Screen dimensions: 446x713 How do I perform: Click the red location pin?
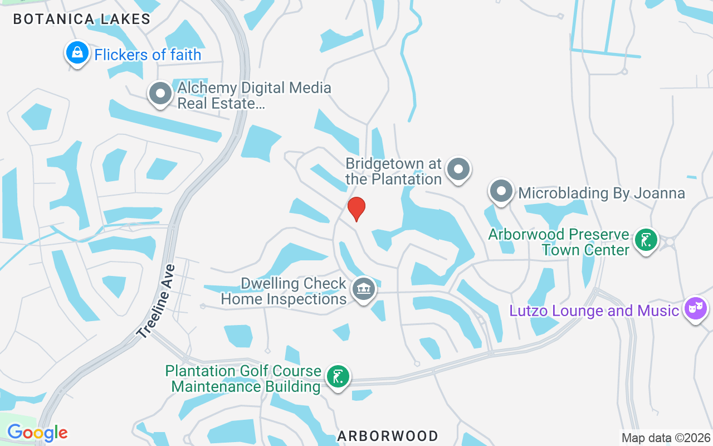pos(356,209)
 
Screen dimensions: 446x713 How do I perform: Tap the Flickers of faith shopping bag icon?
pos(77,54)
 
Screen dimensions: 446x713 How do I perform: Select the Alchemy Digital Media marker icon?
pos(161,94)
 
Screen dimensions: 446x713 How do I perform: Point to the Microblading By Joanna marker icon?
pos(501,191)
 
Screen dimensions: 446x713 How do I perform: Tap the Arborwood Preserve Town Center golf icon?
pos(646,240)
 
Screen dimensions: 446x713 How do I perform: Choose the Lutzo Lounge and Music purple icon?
pos(696,309)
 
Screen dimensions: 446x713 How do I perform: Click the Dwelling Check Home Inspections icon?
pos(364,289)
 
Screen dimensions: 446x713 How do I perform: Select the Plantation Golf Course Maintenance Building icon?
pos(338,377)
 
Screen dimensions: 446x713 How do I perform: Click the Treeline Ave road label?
pos(156,302)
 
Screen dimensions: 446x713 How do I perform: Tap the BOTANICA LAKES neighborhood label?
pos(82,19)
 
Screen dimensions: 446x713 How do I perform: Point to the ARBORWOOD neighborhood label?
pos(388,436)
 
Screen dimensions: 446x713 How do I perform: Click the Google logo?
pos(37,433)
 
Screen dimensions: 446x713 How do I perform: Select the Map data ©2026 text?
pos(666,438)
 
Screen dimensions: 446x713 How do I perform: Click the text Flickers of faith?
pos(148,55)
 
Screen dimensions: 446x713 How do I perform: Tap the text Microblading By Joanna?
pos(602,193)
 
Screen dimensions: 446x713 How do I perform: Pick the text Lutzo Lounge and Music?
pos(594,311)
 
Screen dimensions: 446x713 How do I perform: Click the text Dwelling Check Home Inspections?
pos(284,291)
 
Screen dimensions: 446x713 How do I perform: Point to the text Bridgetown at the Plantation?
pos(393,172)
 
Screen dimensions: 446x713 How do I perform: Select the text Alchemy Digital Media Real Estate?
pos(254,95)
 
